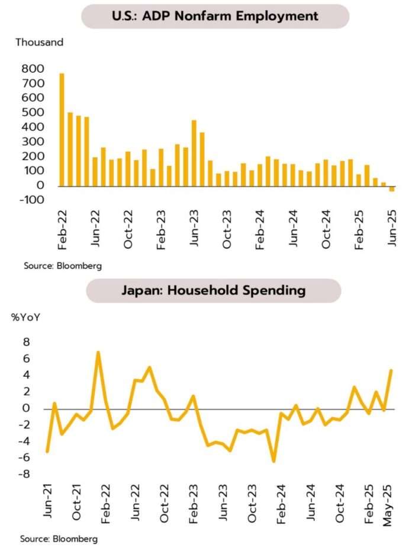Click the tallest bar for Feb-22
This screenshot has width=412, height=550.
(x=62, y=129)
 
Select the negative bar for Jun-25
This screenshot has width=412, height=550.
(x=392, y=189)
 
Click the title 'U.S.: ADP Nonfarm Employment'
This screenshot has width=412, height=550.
(x=214, y=17)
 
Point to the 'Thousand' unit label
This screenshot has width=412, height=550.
(x=39, y=43)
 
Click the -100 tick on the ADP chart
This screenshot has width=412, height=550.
(x=33, y=200)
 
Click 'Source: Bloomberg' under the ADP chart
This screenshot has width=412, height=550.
(x=63, y=266)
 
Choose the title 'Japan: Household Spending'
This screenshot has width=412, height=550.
(x=214, y=291)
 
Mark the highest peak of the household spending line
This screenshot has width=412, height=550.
(x=98, y=353)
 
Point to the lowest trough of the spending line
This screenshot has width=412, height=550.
(x=273, y=461)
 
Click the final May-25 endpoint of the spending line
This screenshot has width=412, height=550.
(x=391, y=370)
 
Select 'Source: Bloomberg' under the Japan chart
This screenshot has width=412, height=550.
(x=59, y=539)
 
